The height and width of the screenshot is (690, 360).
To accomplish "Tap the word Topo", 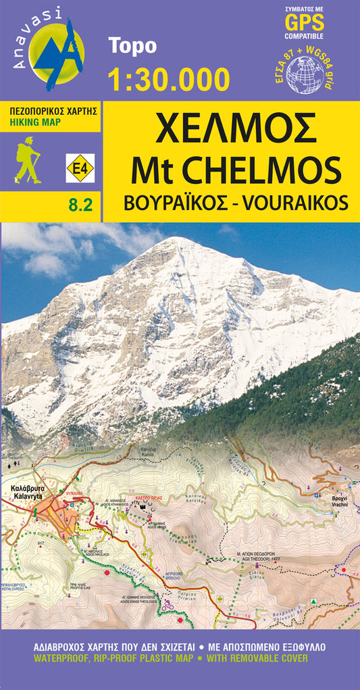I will click(132, 46).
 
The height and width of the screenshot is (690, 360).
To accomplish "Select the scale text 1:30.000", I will click(169, 78).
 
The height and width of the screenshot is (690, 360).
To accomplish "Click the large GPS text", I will click(305, 23).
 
